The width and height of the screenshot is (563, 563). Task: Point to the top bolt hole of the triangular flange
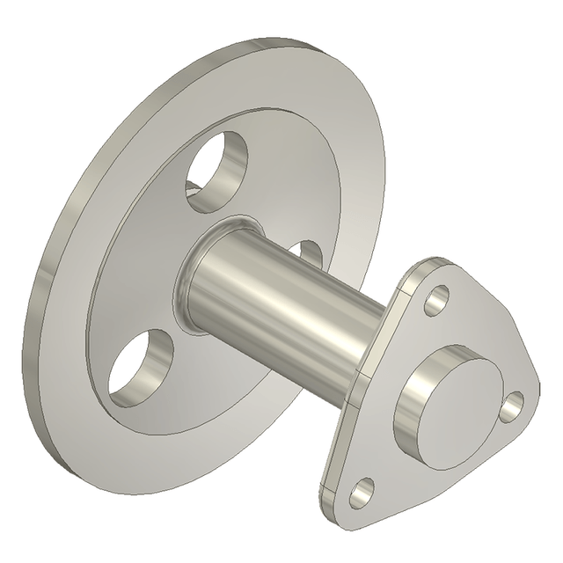click(x=435, y=303)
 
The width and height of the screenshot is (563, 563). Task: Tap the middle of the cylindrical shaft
click(x=281, y=299)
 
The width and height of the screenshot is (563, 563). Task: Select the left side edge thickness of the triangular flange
click(x=338, y=431)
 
